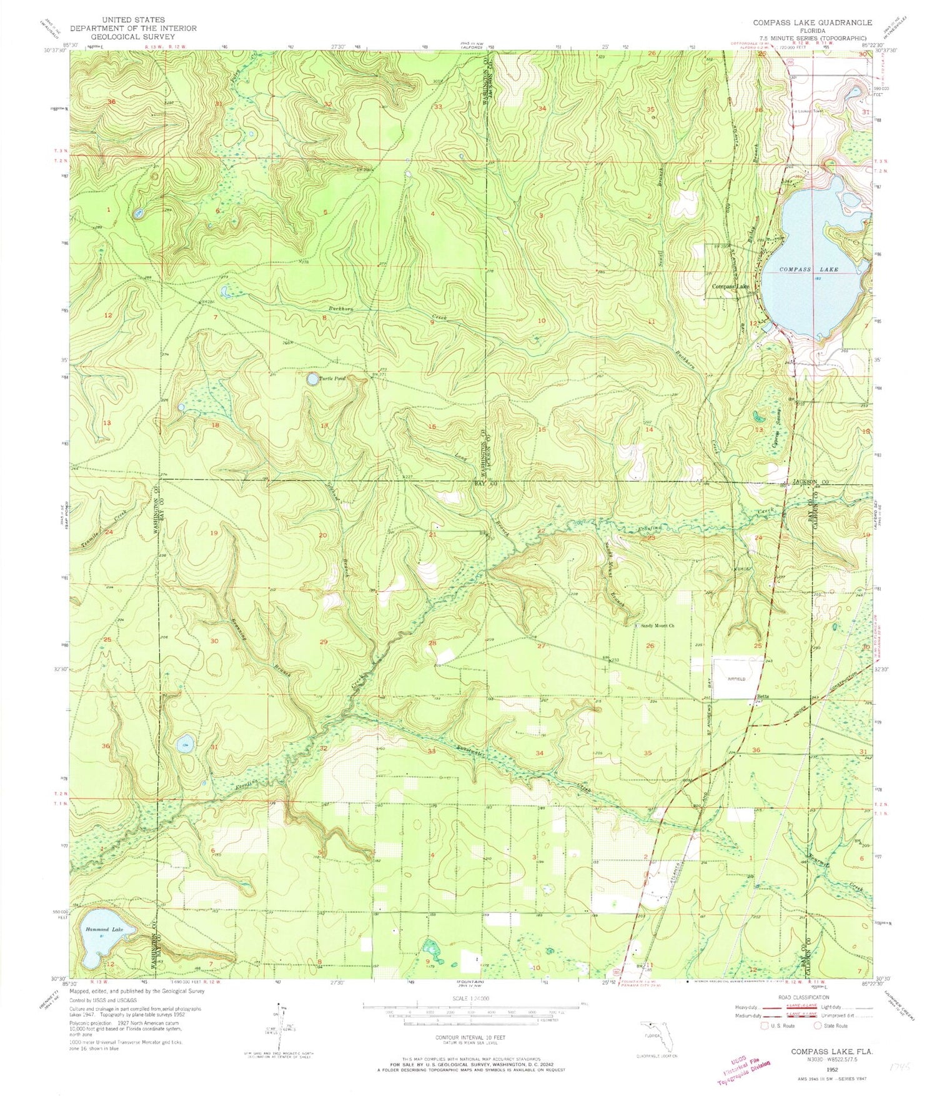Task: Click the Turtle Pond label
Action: [332, 378]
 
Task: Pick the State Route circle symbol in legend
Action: [818, 1026]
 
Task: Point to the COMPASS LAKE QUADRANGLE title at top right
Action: [812, 22]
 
